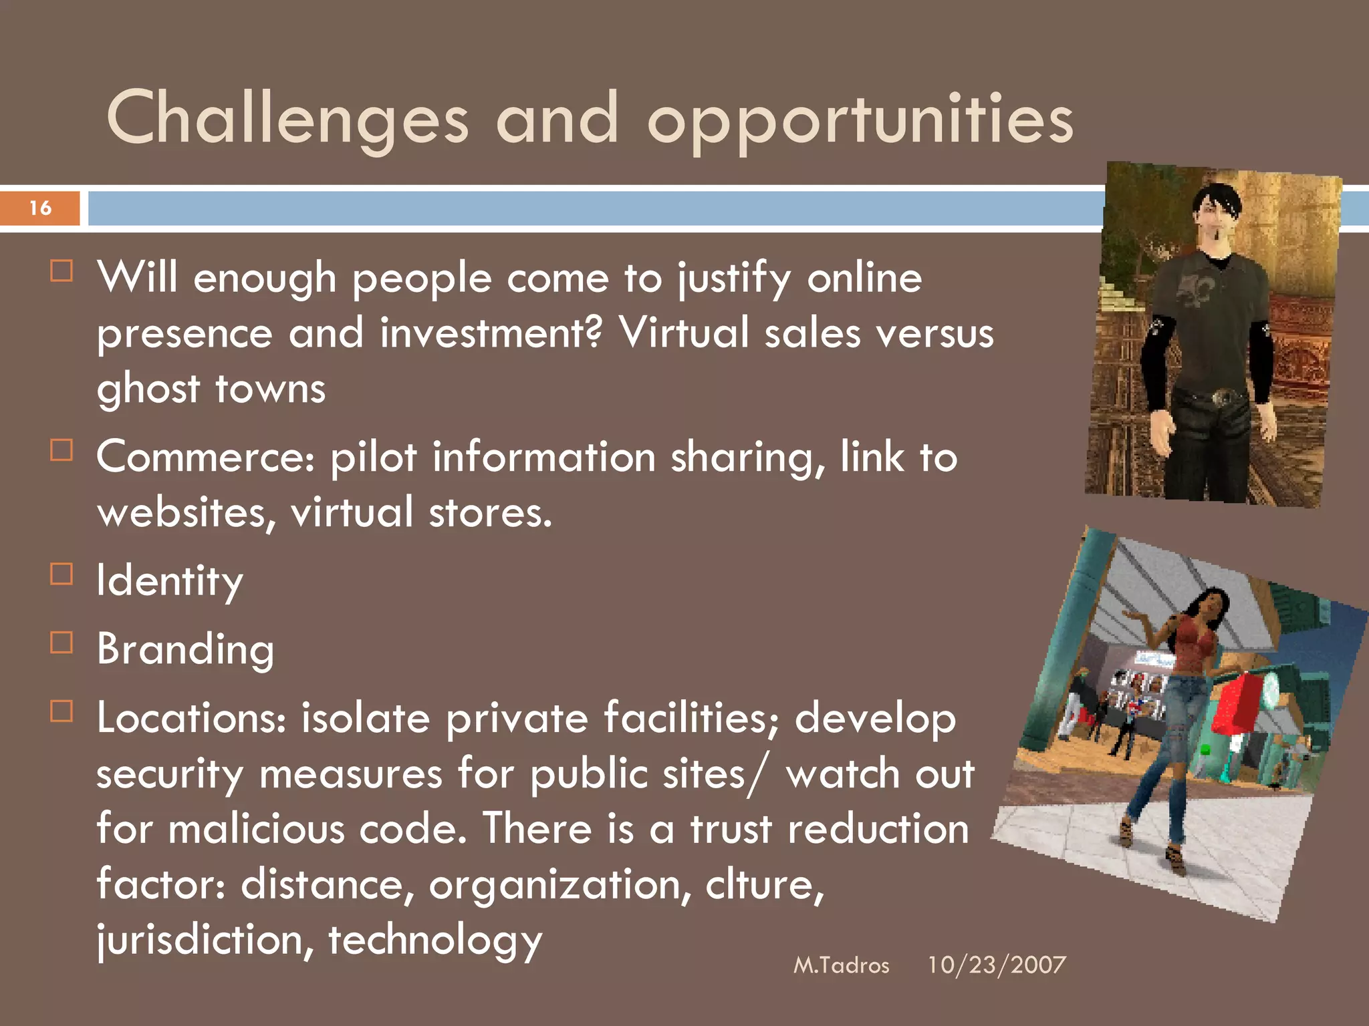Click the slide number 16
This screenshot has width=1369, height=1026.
(40, 208)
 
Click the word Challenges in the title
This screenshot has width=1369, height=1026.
(287, 119)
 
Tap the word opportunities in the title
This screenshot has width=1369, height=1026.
(860, 120)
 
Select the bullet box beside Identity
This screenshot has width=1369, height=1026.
(61, 574)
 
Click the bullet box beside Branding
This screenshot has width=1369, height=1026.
(61, 642)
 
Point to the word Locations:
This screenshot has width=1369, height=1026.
(191, 718)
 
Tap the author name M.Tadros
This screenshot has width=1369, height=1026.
(841, 965)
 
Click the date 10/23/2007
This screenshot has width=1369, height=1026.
(996, 965)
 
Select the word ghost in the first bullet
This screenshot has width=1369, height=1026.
(148, 389)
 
